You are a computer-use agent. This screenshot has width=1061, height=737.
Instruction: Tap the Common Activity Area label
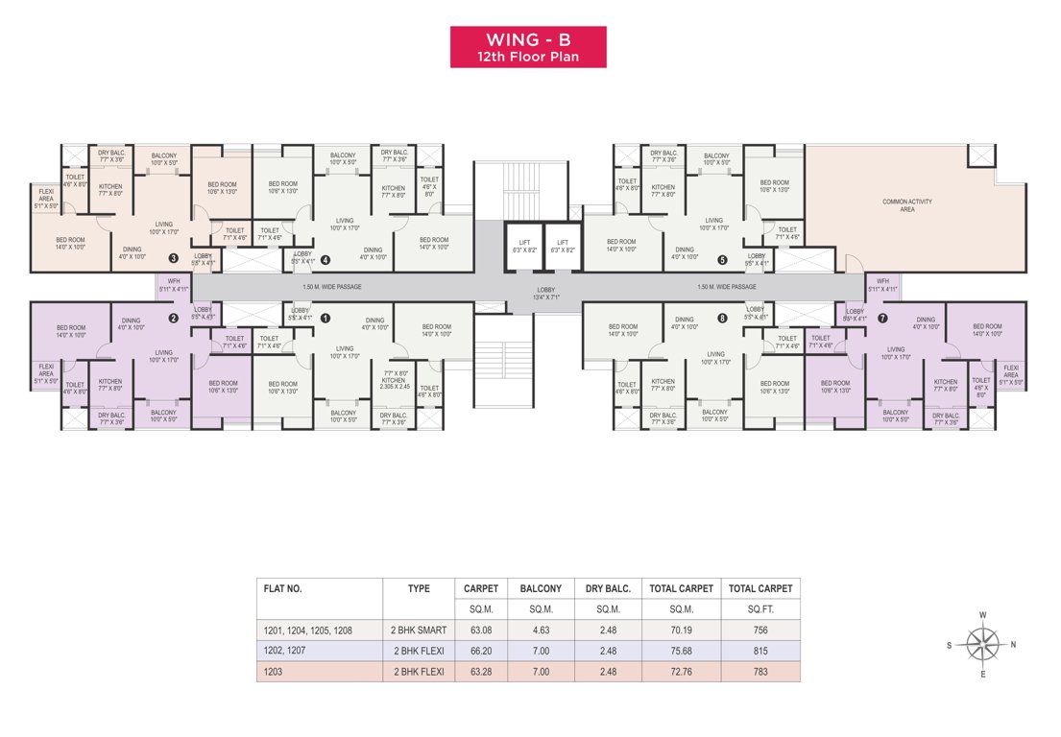[907, 204]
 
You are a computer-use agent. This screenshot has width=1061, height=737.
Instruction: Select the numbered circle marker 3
[173, 257]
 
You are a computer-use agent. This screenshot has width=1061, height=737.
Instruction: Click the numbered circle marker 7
[882, 318]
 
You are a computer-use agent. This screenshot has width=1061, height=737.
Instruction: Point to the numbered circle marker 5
[722, 258]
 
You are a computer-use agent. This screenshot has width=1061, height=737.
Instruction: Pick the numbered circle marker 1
[326, 318]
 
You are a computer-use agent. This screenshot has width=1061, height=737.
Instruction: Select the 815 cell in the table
[760, 652]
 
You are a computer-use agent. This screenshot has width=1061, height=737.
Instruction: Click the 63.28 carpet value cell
[480, 672]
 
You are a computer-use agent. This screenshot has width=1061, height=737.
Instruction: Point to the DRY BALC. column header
[608, 588]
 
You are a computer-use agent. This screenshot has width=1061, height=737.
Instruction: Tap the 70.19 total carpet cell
[681, 630]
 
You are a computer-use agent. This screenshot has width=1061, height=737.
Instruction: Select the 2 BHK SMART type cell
[418, 630]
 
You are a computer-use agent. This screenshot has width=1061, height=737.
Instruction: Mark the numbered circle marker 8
[722, 318]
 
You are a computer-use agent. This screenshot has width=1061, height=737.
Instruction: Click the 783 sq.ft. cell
[760, 672]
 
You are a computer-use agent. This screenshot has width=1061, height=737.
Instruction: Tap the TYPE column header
[418, 588]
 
